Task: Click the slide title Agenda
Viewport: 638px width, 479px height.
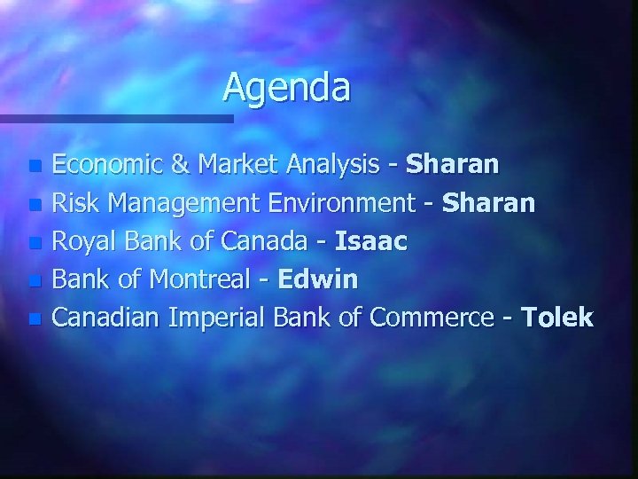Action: tap(286, 87)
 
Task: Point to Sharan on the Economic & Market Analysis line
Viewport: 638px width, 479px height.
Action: tap(453, 164)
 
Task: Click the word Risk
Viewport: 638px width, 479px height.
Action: tap(73, 203)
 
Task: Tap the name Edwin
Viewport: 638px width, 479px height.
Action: tap(318, 279)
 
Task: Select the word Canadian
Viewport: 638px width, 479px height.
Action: tap(106, 318)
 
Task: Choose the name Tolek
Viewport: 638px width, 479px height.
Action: tap(558, 318)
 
